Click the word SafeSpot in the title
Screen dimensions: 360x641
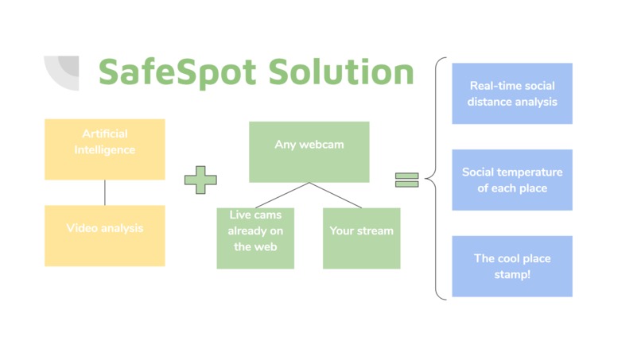[178, 72]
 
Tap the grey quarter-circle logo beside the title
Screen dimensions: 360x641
[63, 72]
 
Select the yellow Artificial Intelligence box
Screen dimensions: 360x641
[105, 149]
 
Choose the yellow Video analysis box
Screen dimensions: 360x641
[105, 236]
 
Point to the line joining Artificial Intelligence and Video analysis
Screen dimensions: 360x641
[105, 192]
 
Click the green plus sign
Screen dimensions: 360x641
[200, 180]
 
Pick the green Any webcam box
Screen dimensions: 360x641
[309, 152]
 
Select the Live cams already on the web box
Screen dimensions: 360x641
[255, 238]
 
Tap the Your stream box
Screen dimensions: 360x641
[361, 238]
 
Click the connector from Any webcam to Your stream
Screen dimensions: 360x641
[336, 195]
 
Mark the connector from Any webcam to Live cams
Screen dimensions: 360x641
[282, 195]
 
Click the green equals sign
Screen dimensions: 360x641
[406, 180]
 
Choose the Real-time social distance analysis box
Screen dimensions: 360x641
[512, 94]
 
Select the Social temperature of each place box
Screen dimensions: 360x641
[512, 180]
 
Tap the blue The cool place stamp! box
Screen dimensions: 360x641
[512, 266]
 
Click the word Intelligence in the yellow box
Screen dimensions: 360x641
[105, 149]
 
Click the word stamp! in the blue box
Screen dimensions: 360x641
[512, 274]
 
